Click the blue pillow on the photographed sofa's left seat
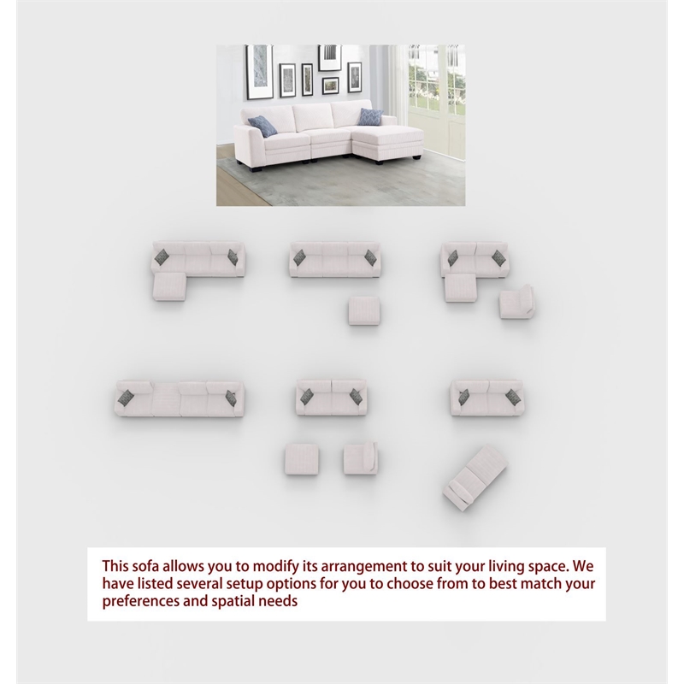262,126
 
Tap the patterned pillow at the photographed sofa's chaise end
370,116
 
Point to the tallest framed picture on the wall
260,72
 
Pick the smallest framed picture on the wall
331,85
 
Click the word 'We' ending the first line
583,566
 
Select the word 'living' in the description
506,567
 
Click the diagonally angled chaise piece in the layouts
475,478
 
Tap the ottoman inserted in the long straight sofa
166,399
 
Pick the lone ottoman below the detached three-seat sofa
364,310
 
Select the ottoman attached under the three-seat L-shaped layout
169,286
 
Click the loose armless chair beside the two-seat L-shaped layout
517,302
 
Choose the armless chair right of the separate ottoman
360,458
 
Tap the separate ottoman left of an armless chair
302,459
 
